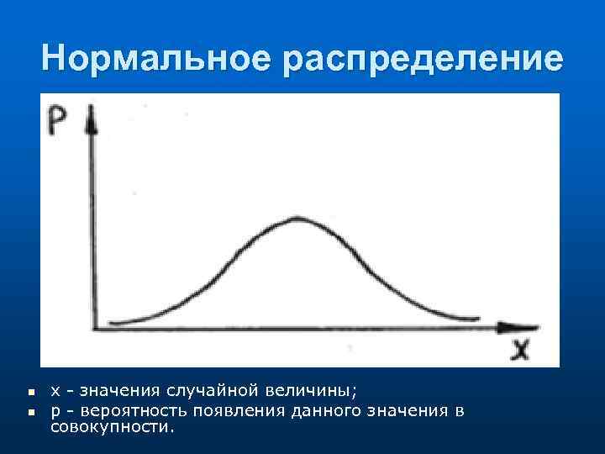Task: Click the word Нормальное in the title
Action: tap(155, 58)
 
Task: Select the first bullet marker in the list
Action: tap(29, 393)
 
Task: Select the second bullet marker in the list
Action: tap(29, 411)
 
